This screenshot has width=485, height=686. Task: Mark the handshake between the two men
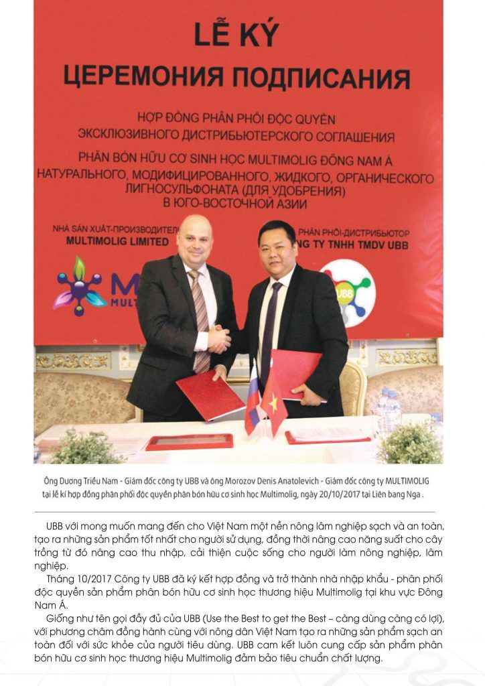pos(219,338)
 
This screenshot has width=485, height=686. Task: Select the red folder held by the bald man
pos(210,395)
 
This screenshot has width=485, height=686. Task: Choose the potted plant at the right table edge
pos(411,442)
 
